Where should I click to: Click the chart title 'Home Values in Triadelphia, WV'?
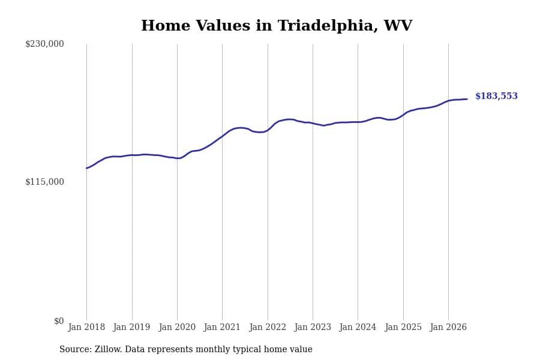pyautogui.click(x=276, y=26)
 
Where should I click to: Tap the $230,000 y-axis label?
pyautogui.click(x=44, y=44)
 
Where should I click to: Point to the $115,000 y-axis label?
pyautogui.click(x=44, y=182)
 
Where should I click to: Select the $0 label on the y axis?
pyautogui.click(x=59, y=321)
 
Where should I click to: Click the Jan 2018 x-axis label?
pyautogui.click(x=86, y=327)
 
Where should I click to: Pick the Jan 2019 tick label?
pyautogui.click(x=131, y=327)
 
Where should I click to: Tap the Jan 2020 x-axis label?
pyautogui.click(x=177, y=327)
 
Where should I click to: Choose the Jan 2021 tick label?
pyautogui.click(x=222, y=327)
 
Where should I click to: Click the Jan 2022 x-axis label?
pyautogui.click(x=268, y=327)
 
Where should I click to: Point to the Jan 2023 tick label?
pyautogui.click(x=313, y=327)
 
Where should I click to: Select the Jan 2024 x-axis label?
pyautogui.click(x=358, y=327)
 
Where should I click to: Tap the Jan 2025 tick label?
pyautogui.click(x=403, y=327)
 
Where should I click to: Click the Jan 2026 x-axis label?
pyautogui.click(x=448, y=327)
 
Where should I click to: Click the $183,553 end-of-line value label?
pyautogui.click(x=496, y=96)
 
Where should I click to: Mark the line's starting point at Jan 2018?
pyautogui.click(x=86, y=168)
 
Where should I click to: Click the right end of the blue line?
pyautogui.click(x=467, y=99)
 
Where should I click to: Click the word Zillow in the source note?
pyautogui.click(x=108, y=349)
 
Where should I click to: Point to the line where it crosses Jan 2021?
pyautogui.click(x=222, y=136)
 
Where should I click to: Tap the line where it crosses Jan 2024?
pyautogui.click(x=358, y=122)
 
